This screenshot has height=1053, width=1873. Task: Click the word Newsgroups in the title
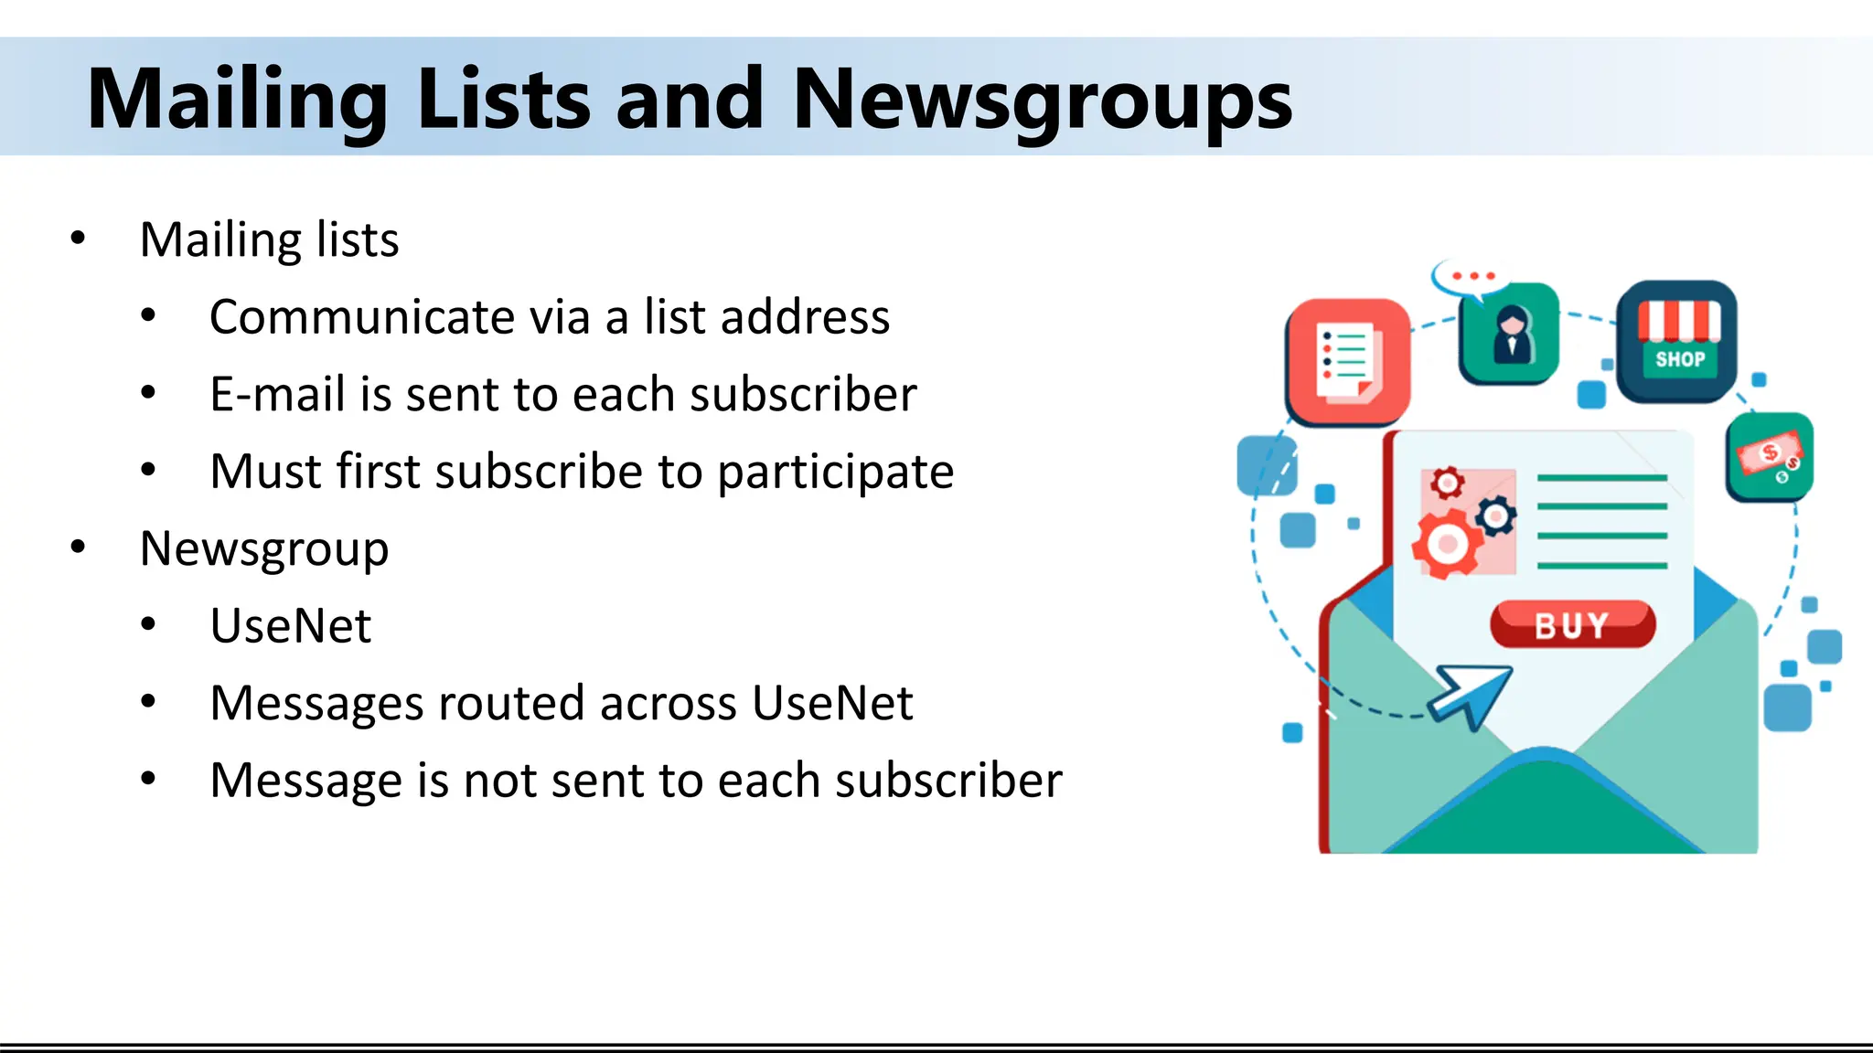pos(1042,101)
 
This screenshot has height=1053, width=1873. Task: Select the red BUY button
pos(1572,625)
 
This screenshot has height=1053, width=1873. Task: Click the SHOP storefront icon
pos(1677,341)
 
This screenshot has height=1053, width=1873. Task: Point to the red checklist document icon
pos(1348,361)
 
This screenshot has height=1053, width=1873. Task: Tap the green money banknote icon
pos(1770,456)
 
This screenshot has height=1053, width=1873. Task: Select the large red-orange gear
pos(1448,545)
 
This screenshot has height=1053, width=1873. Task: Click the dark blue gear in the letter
pos(1496,516)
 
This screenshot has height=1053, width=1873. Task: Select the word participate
pos(835,473)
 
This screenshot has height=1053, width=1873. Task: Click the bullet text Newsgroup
pos(264,549)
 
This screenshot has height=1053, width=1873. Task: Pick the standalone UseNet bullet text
pos(291,626)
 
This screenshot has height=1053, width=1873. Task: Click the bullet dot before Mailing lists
pos(78,239)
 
